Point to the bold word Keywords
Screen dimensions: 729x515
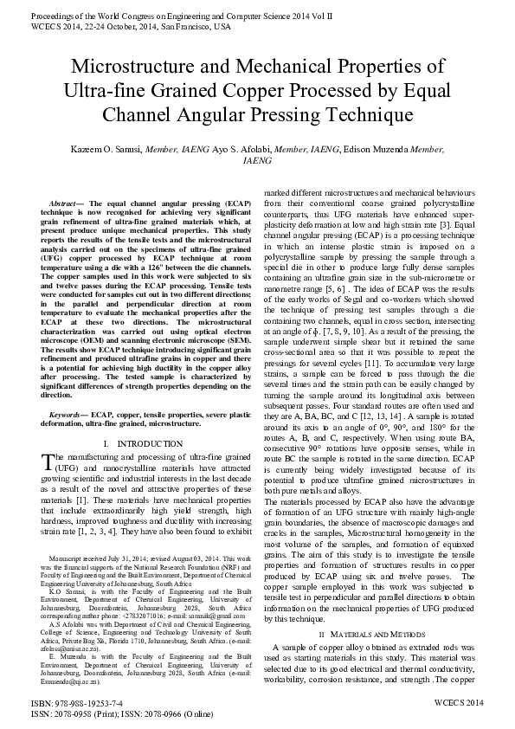[x=69, y=416]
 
